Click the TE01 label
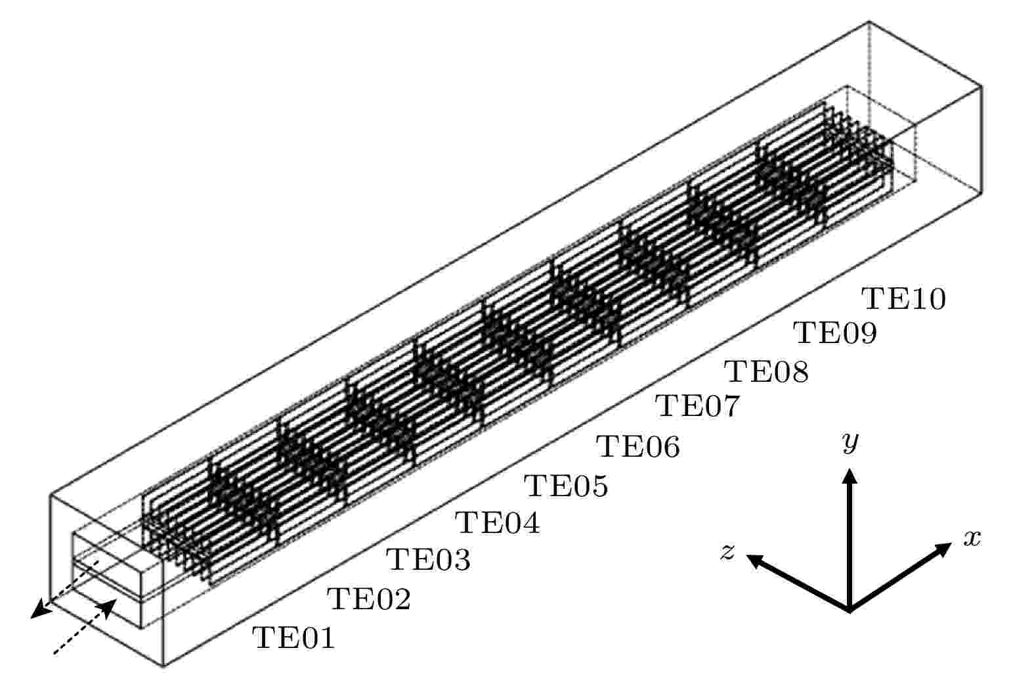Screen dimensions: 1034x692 pyautogui.click(x=293, y=638)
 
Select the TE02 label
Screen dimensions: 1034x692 pyautogui.click(x=369, y=599)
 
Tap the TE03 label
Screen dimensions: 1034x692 pyautogui.click(x=428, y=559)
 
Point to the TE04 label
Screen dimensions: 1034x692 pyautogui.click(x=498, y=523)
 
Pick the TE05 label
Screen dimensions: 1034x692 pyautogui.click(x=566, y=486)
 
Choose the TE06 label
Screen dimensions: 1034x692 pyautogui.click(x=638, y=446)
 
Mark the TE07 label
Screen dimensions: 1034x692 pyautogui.click(x=697, y=406)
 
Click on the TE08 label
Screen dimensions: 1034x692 pyautogui.click(x=766, y=371)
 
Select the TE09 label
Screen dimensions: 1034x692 pyautogui.click(x=834, y=333)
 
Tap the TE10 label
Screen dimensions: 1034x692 pyautogui.click(x=903, y=298)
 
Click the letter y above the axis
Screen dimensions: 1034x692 pyautogui.click(x=850, y=442)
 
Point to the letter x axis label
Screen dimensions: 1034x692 pyautogui.click(x=972, y=539)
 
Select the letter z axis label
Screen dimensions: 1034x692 pyautogui.click(x=728, y=551)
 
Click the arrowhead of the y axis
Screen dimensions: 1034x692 pyautogui.click(x=850, y=476)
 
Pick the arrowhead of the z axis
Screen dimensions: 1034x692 pyautogui.click(x=754, y=561)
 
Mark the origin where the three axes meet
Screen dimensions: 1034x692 pyautogui.click(x=850, y=610)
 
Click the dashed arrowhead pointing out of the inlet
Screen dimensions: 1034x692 pyautogui.click(x=38, y=611)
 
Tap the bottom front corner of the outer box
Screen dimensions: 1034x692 pyautogui.click(x=163, y=666)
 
